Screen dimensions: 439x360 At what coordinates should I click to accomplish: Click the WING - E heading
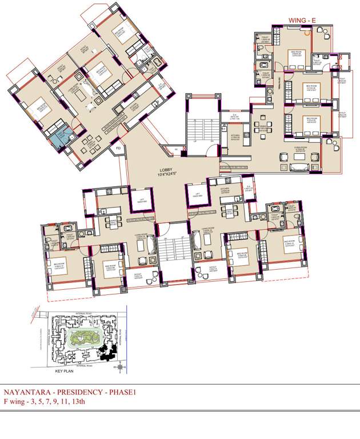[x=303, y=21]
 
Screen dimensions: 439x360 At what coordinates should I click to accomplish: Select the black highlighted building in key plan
[x=106, y=352]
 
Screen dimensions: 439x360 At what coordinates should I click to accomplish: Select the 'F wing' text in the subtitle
[x=14, y=402]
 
